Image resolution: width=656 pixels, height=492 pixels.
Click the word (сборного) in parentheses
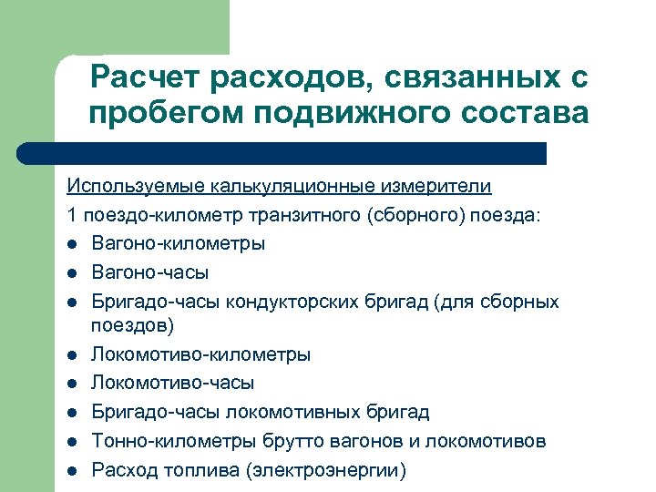[x=416, y=216]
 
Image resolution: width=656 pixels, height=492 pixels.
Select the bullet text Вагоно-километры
[x=179, y=244]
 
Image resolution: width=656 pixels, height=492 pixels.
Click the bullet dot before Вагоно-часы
[x=72, y=273]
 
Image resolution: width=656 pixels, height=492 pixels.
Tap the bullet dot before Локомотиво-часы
[x=72, y=384]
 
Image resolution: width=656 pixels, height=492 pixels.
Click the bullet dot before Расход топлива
[x=72, y=471]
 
